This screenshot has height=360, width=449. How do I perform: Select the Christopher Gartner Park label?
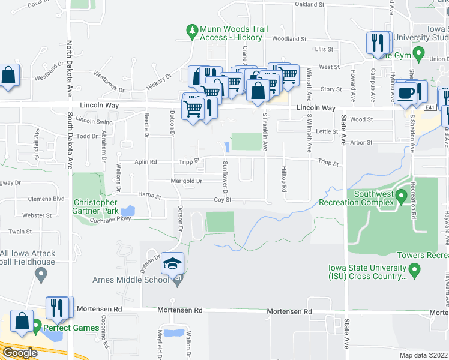[96, 206]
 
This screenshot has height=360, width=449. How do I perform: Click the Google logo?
[19, 353]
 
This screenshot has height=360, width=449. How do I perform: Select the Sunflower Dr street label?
[226, 174]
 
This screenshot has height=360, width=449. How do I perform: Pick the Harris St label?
[150, 196]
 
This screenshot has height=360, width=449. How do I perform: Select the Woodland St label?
[289, 39]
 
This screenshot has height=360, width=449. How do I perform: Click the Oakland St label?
[310, 4]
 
